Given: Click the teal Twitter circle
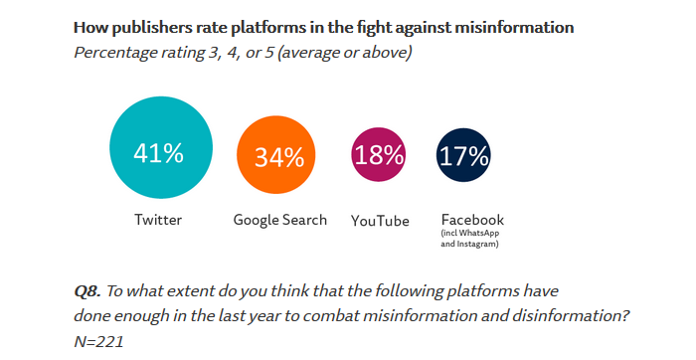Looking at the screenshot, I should (158, 153).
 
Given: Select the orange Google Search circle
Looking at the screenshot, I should (278, 157).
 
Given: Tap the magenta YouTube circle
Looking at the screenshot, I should (379, 155).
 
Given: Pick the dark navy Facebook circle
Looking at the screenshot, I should (463, 156).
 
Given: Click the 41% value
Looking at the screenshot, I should (158, 154).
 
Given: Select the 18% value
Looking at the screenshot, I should (379, 155).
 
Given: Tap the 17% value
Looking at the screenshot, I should (463, 156).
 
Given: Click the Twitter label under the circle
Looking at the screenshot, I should (158, 220).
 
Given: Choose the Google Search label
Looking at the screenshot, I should (279, 220).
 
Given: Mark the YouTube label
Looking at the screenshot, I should (380, 221).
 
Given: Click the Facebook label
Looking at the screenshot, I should (472, 220).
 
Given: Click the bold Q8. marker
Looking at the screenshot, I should (87, 292).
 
